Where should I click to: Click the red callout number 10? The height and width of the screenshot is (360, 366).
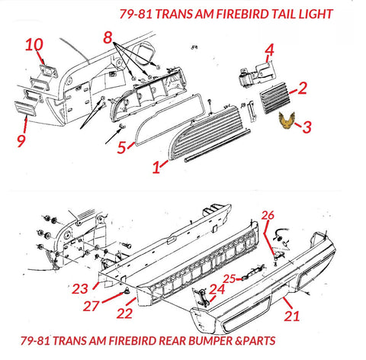tap(34, 45)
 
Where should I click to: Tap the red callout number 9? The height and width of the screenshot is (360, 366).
tap(21, 140)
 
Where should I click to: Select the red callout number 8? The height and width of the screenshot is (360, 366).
tap(108, 38)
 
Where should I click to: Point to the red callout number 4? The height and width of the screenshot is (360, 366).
tap(270, 50)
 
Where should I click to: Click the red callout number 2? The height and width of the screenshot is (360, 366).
tap(303, 88)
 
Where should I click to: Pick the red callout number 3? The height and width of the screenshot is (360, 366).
tap(307, 127)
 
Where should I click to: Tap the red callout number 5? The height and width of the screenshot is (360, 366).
tap(122, 148)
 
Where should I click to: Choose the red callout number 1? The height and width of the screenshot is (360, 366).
tap(156, 167)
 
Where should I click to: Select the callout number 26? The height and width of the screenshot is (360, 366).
tap(268, 215)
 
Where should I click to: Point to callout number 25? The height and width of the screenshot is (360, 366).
tap(230, 279)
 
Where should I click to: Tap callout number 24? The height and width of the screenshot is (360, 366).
tap(218, 289)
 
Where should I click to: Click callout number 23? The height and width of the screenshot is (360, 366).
tap(80, 289)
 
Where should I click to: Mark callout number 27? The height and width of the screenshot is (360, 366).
tap(91, 306)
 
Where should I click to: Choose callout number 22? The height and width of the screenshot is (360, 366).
tap(124, 313)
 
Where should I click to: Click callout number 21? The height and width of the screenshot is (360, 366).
tap(292, 316)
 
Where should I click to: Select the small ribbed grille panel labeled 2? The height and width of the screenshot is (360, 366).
tap(274, 98)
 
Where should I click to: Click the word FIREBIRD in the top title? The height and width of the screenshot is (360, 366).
tap(242, 14)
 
